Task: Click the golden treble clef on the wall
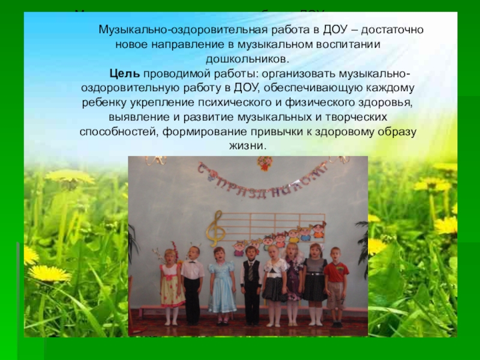pyautogui.click(x=214, y=228)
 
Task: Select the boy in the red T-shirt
pyautogui.click(x=335, y=282)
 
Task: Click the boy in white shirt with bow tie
pyautogui.click(x=193, y=279)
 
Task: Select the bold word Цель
pyautogui.click(x=124, y=74)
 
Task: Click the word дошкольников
pyautogui.click(x=247, y=59)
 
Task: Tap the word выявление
pyautogui.click(x=135, y=117)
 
